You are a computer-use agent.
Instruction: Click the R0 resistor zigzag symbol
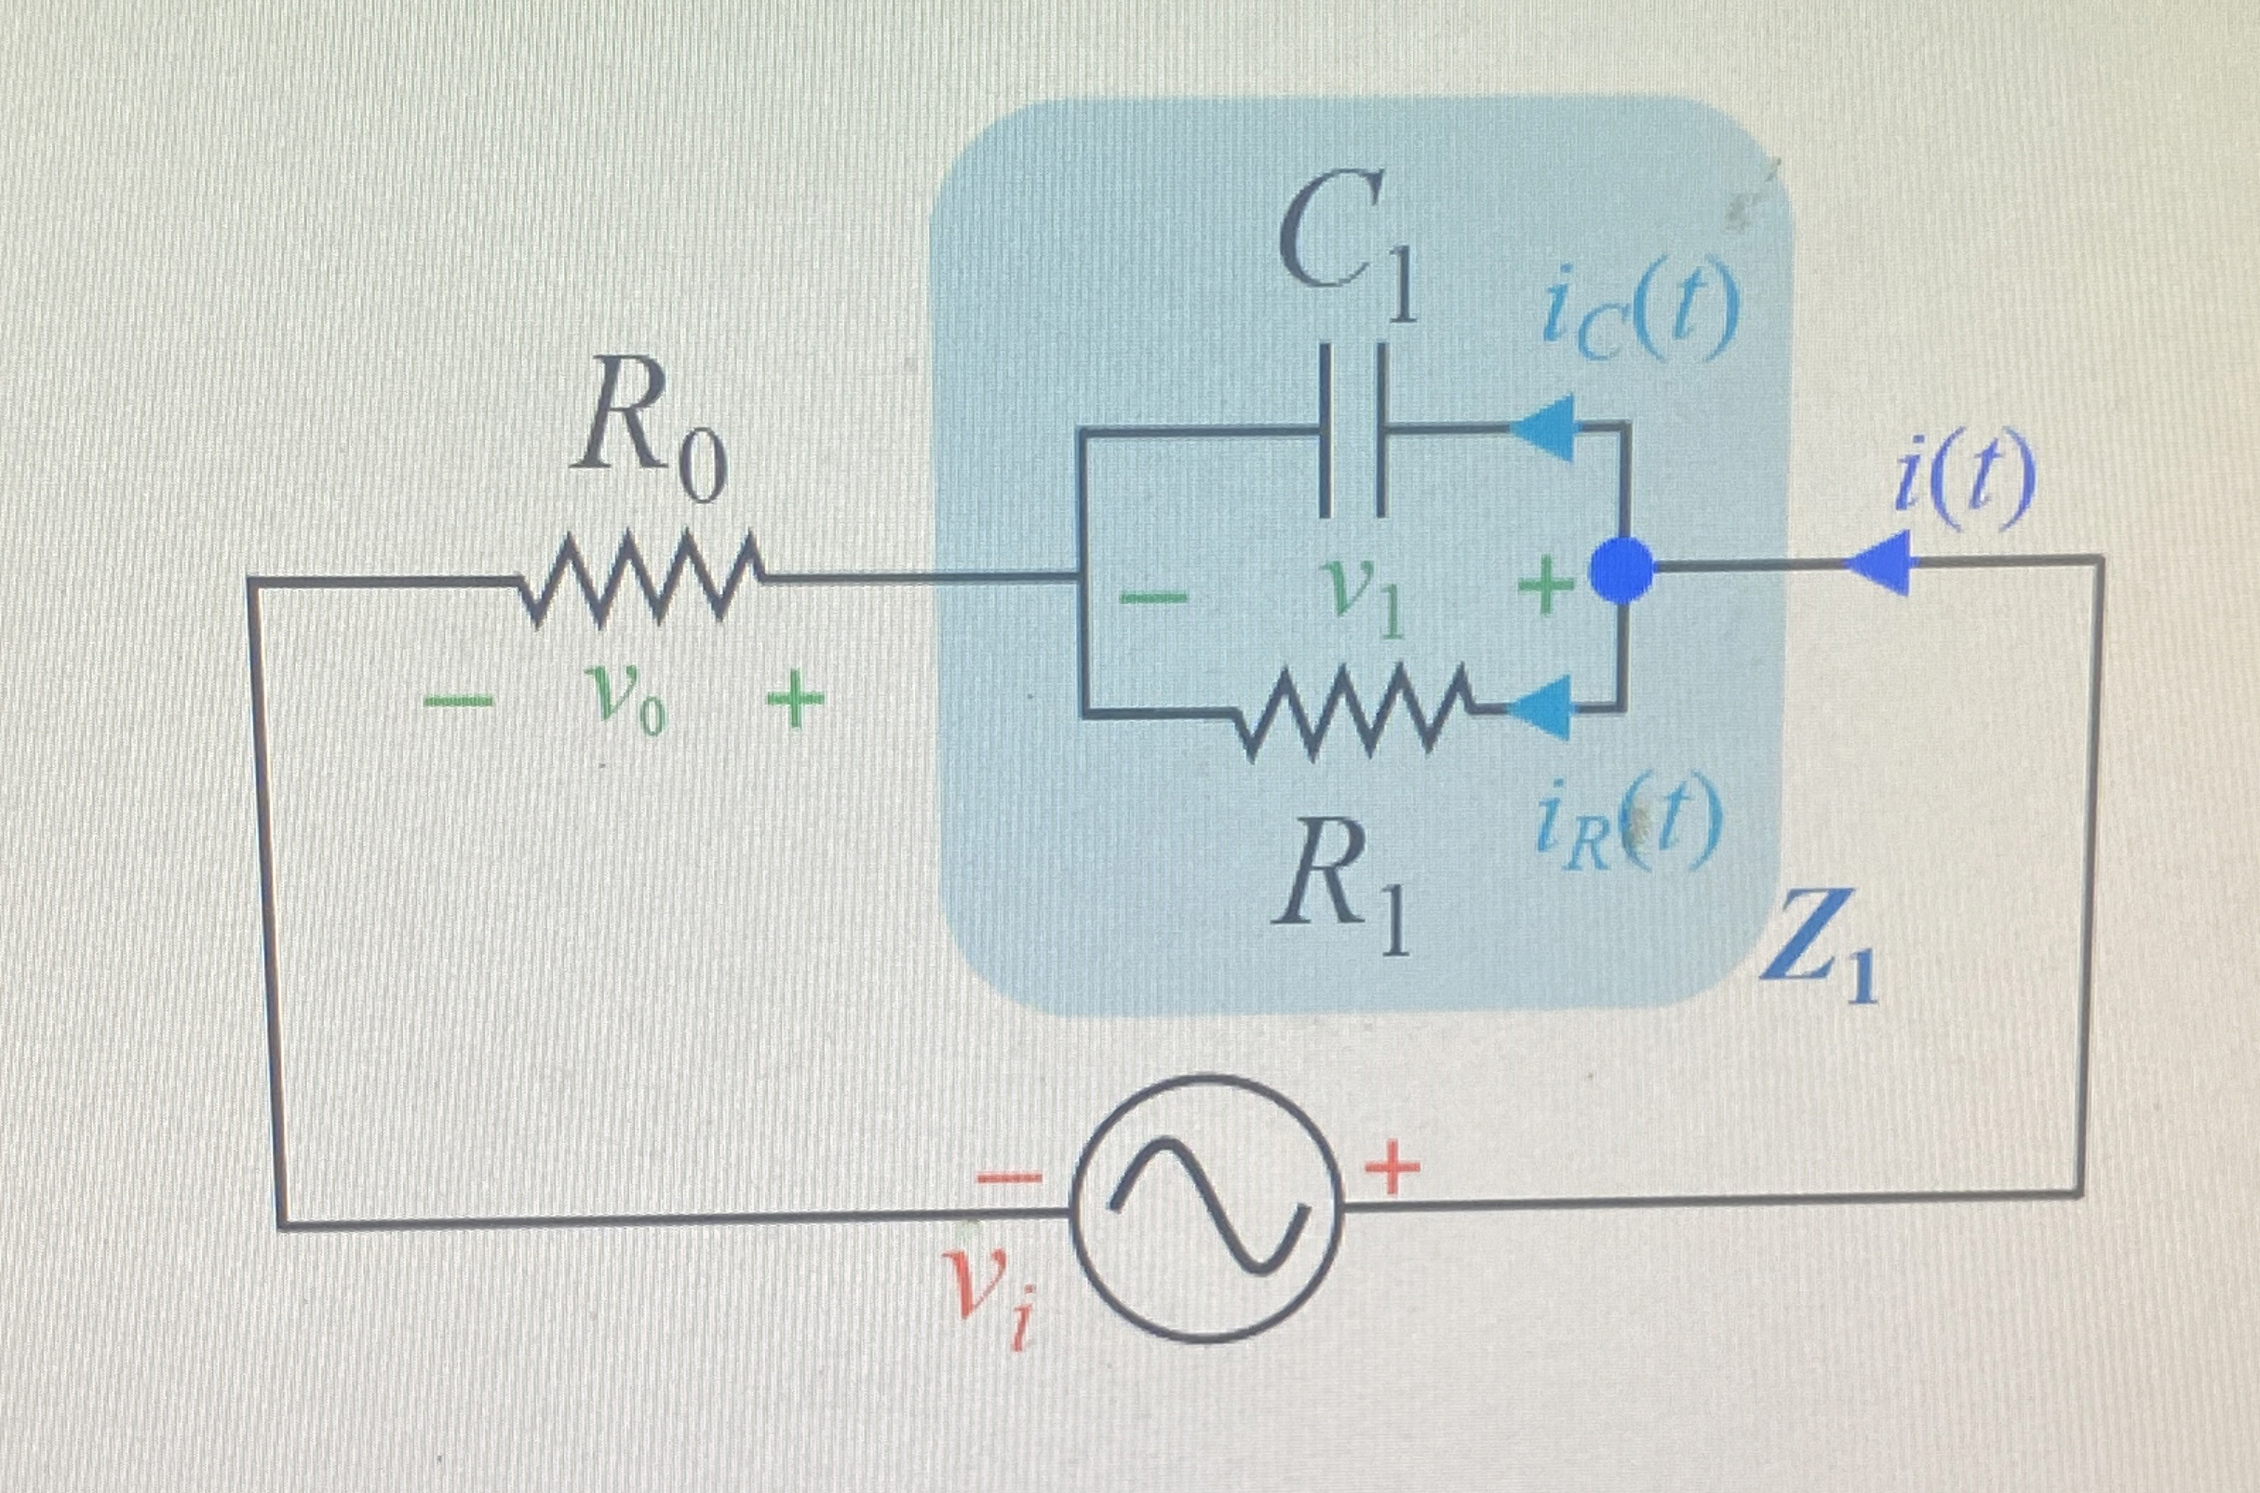639,578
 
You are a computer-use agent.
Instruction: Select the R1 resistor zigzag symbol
1353,712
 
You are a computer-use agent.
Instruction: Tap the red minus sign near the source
1009,1178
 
